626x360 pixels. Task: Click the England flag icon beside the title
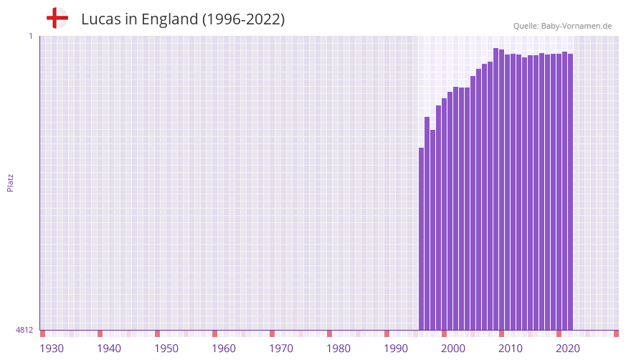(x=57, y=18)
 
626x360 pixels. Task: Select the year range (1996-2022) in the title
(x=243, y=19)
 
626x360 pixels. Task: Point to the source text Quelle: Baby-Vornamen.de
(x=562, y=26)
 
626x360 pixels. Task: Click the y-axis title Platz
(x=10, y=182)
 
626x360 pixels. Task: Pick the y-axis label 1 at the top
(x=31, y=36)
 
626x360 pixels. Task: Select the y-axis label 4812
(x=24, y=330)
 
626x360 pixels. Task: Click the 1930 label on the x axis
(x=52, y=349)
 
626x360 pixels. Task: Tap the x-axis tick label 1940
(x=109, y=349)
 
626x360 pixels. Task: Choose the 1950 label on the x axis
(x=166, y=349)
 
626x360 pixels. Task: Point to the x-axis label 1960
(x=224, y=349)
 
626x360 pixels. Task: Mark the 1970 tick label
(x=281, y=349)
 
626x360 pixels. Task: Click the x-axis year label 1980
(x=338, y=349)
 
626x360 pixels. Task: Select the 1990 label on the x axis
(x=396, y=349)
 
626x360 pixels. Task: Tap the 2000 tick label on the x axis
(x=453, y=349)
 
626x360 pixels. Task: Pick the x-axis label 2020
(x=568, y=349)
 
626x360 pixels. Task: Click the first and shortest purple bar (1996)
(x=422, y=239)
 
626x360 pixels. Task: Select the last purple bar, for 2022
(x=570, y=192)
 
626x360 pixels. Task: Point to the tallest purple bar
(x=495, y=189)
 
